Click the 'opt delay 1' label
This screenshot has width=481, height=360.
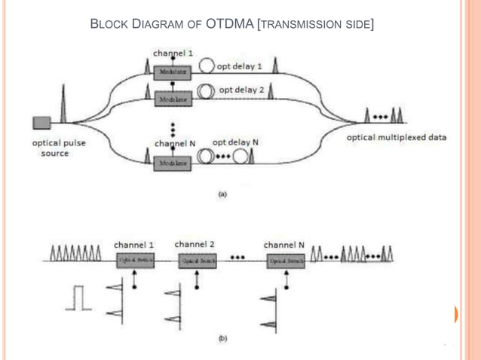239,66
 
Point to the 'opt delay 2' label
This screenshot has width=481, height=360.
241,90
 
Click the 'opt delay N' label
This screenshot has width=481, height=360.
235,142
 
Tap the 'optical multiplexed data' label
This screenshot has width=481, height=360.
396,138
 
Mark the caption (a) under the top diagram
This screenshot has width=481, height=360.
222,194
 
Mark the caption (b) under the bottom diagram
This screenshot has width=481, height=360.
222,339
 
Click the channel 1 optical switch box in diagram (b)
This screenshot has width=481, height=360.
135,260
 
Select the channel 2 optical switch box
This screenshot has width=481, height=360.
197,260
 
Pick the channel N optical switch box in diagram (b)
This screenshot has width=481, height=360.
285,260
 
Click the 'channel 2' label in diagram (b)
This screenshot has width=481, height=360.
195,244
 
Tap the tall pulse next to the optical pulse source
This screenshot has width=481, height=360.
63,105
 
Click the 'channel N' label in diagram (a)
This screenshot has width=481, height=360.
176,142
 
